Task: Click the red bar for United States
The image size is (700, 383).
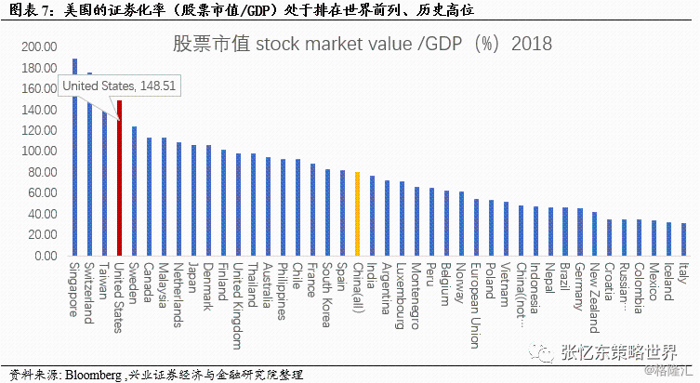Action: tap(119, 178)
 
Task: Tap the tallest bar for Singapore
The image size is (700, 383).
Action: tap(74, 157)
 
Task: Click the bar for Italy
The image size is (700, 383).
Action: tap(683, 239)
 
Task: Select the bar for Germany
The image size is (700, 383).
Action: tap(579, 231)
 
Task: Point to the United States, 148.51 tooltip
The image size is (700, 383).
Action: tap(118, 86)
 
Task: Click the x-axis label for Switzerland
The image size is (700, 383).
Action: tap(89, 294)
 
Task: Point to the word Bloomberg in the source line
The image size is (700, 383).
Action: tap(95, 375)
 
